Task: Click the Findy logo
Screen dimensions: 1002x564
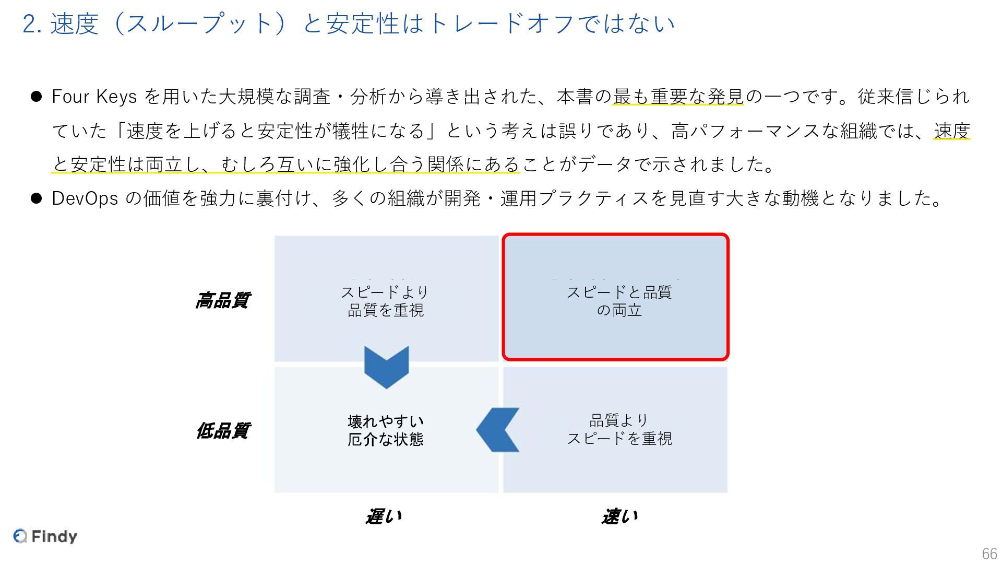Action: (45, 536)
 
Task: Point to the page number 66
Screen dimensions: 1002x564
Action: (989, 554)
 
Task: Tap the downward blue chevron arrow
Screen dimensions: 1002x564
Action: (386, 367)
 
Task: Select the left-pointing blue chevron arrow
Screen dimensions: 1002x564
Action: (498, 430)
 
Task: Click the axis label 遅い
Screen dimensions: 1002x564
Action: (384, 516)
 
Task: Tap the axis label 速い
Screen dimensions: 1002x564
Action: (619, 516)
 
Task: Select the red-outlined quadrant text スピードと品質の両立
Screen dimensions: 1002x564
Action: (619, 301)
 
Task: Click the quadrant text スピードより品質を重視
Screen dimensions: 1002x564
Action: (385, 301)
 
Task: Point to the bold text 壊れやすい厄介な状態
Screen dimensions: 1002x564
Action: (385, 430)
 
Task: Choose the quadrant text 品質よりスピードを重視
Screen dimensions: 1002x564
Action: (619, 429)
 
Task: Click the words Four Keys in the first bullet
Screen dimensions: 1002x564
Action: (94, 97)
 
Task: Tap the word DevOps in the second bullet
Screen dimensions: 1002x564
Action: (85, 198)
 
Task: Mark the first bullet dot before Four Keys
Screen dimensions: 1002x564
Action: (36, 97)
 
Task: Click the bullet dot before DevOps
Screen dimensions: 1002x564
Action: (36, 198)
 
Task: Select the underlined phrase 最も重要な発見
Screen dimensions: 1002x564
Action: (677, 97)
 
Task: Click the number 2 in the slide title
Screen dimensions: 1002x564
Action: (29, 24)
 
